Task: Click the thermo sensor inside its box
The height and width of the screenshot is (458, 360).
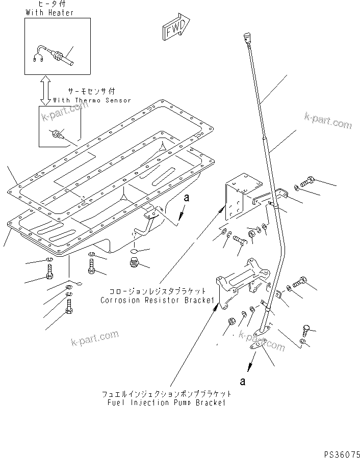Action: pos(58,135)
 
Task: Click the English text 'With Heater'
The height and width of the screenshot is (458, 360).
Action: pos(49,13)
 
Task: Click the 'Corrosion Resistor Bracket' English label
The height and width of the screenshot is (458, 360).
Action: pos(157,300)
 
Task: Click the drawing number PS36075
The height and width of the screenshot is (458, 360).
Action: pos(341,451)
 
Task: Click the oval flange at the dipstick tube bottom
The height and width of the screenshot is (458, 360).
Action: pos(260,344)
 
